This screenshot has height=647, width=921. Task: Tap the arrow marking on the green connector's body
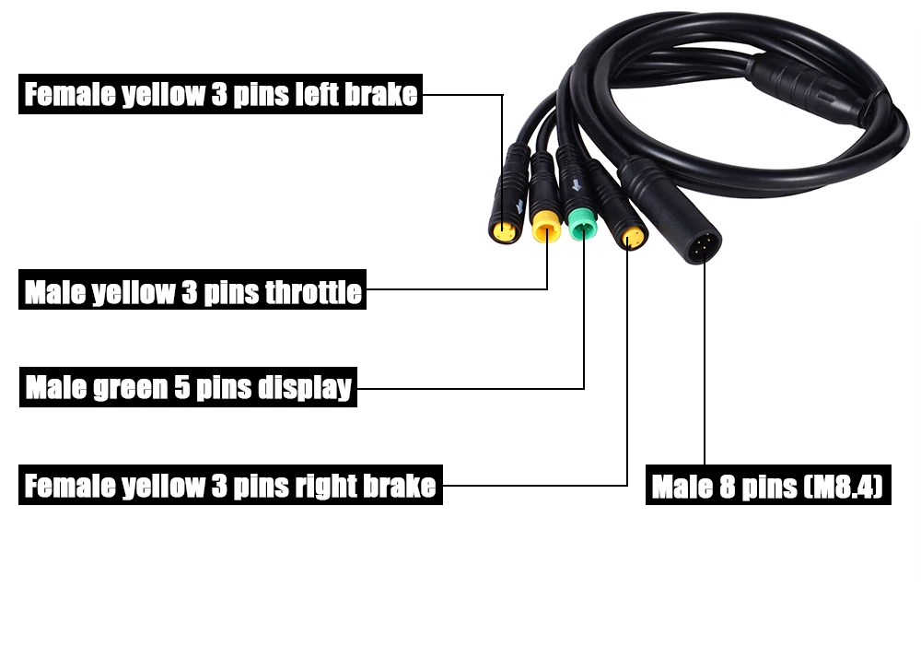pyautogui.click(x=577, y=185)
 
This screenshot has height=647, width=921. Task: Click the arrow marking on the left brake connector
pyautogui.click(x=519, y=206)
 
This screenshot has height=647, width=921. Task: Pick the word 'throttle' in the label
pyautogui.click(x=313, y=293)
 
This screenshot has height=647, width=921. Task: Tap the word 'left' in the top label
pyautogui.click(x=314, y=95)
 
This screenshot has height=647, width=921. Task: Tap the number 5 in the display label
pyautogui.click(x=182, y=388)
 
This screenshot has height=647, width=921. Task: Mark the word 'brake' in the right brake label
pyautogui.click(x=400, y=486)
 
